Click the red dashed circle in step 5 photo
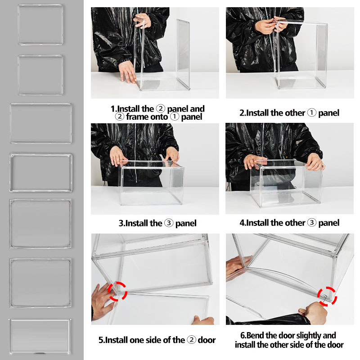tap(117, 291)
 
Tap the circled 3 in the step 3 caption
tap(168, 223)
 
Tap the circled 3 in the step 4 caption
tap(311, 223)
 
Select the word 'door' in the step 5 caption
tap(205, 340)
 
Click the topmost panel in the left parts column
tap(40, 25)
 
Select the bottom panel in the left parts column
tap(40, 336)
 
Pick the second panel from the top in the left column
tap(40, 75)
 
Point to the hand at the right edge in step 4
tap(315, 163)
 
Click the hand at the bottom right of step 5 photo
tap(203, 320)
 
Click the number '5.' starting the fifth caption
tap(101, 340)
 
